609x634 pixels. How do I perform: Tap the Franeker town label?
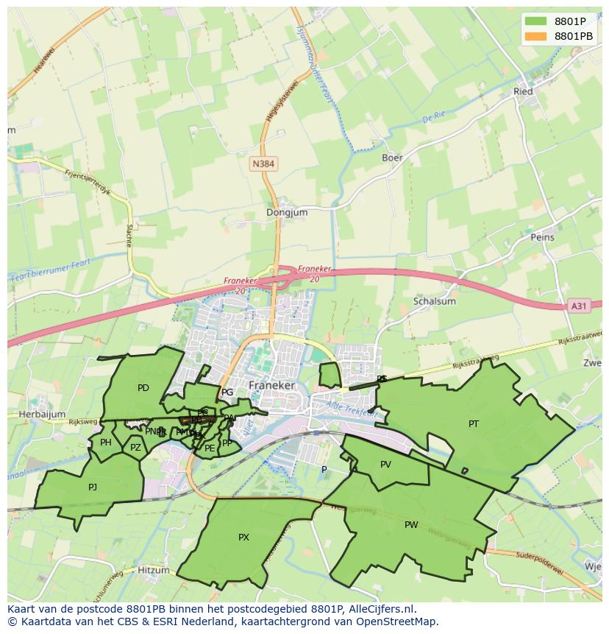271,385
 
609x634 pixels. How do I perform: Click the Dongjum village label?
287,212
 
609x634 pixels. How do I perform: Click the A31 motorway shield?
580,306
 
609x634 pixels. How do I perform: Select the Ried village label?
523,91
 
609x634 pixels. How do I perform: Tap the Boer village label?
392,158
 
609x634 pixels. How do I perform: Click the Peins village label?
542,238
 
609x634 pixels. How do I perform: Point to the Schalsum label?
435,301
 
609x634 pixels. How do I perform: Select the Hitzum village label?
154,570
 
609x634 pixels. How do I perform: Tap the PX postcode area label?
243,538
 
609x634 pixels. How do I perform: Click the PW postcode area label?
411,525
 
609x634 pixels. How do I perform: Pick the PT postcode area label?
474,423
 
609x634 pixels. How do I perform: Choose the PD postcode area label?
143,388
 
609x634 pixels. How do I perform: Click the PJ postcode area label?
92,487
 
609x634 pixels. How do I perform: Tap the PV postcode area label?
385,464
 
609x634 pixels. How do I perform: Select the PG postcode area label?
227,392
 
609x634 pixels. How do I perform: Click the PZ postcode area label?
135,447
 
